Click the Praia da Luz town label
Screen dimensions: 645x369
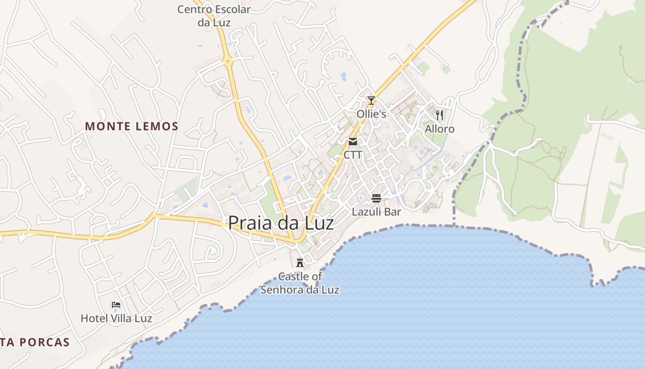[x=281, y=223]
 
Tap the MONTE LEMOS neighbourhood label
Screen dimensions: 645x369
[x=132, y=126]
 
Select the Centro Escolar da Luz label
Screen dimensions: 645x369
[x=214, y=15]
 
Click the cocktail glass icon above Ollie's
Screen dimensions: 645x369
[x=371, y=100]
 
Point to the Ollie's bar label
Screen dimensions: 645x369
[x=371, y=113]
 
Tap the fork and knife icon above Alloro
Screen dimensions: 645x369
[x=440, y=115]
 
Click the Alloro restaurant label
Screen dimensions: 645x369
[x=440, y=129]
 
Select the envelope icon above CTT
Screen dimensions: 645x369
[x=353, y=142]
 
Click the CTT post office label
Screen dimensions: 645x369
[x=353, y=155]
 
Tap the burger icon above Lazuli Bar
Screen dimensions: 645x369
[x=376, y=198]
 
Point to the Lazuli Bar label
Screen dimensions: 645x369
[x=376, y=212]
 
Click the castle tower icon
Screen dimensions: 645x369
[x=300, y=263]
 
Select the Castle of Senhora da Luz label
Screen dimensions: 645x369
[x=300, y=283]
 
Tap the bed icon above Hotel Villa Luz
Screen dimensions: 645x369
[x=116, y=305]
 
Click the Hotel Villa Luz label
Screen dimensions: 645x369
[x=116, y=318]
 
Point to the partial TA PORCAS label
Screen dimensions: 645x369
[x=35, y=342]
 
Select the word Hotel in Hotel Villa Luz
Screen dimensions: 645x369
[x=93, y=318]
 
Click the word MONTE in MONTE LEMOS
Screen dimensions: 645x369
[x=106, y=126]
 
